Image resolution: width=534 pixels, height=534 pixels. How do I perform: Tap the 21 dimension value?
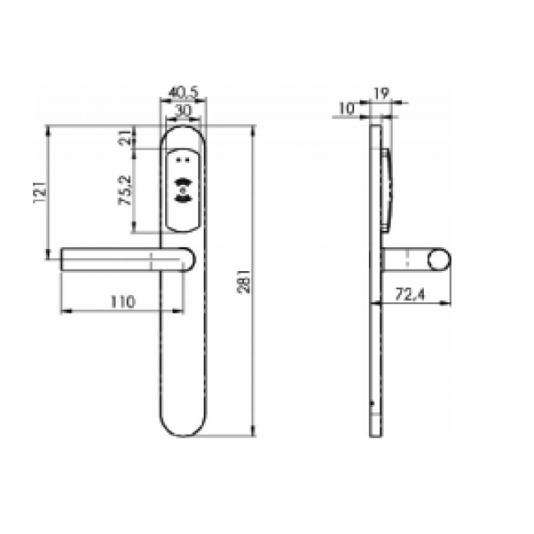tap(125, 139)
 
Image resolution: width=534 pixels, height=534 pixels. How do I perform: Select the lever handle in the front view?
tap(123, 260)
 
